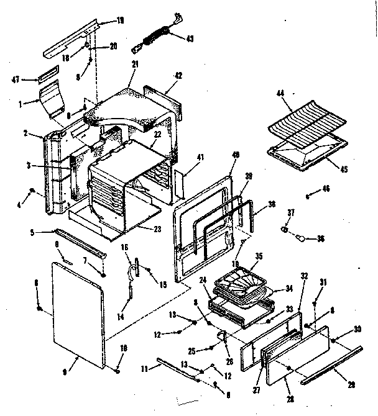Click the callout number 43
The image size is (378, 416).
[190, 38]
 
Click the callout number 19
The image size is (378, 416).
[121, 20]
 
